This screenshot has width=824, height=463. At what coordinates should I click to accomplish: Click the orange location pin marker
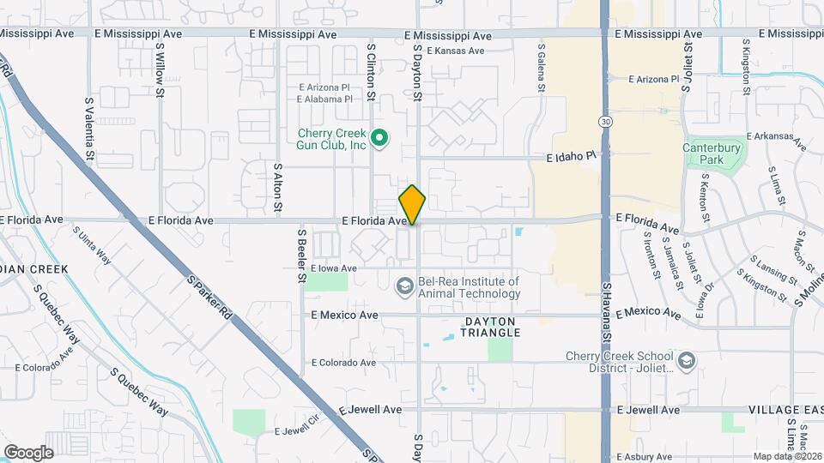click(x=413, y=205)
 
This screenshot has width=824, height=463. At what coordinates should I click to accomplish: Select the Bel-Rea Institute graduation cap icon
click(x=403, y=286)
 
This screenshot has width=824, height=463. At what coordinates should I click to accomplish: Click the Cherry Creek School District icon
click(x=686, y=362)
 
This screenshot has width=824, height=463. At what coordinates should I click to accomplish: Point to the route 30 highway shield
click(x=606, y=122)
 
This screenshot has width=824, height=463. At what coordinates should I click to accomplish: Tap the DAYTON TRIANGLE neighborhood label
click(x=492, y=326)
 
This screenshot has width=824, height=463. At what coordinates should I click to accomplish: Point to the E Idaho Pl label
click(x=571, y=158)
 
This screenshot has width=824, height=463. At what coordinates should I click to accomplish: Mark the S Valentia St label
click(x=89, y=129)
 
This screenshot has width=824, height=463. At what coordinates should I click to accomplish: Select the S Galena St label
click(x=542, y=69)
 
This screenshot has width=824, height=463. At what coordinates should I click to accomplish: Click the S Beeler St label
click(x=302, y=255)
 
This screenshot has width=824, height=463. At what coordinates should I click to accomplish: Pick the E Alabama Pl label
click(x=324, y=99)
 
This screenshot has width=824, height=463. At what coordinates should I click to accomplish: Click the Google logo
click(x=28, y=452)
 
